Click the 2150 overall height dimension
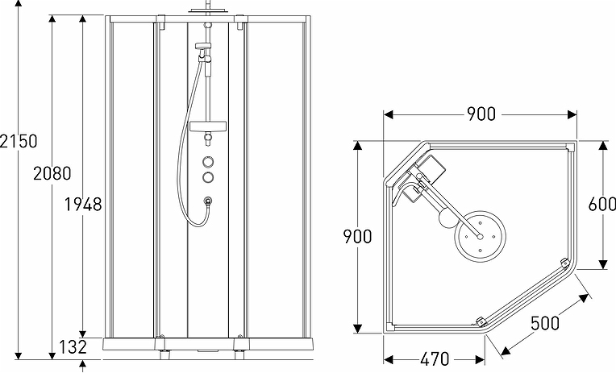pos(19,141)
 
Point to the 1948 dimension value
pos(83,204)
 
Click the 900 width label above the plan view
pos(481,114)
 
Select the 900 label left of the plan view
pos(356,236)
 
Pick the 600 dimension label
pos(602,205)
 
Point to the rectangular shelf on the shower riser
pos(208,126)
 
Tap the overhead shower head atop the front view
pos(206,10)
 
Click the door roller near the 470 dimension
pos(480,321)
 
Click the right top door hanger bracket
pos(240,26)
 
